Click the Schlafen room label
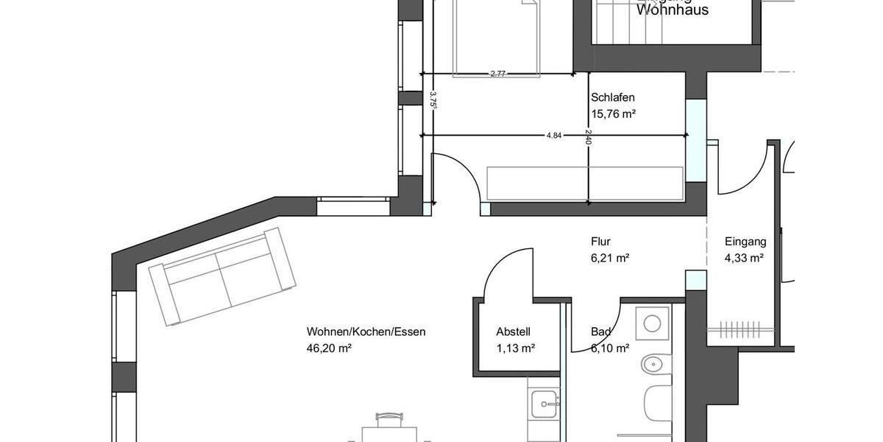pos(612,97)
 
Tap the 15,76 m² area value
pos(613,113)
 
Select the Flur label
pos(600,241)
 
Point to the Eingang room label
pos(745,241)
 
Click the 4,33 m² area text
pos(744,258)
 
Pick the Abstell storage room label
pos(513,331)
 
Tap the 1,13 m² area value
pos(515,348)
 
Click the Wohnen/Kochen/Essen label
pos(366,331)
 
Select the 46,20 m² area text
pos(329,348)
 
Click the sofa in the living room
pos(222,276)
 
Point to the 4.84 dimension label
pos(554,135)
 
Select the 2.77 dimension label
pos(497,73)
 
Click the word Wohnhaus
pos(672,10)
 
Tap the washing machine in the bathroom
pos(652,323)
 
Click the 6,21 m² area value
pos(610,258)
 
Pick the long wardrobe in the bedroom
pos(585,183)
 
